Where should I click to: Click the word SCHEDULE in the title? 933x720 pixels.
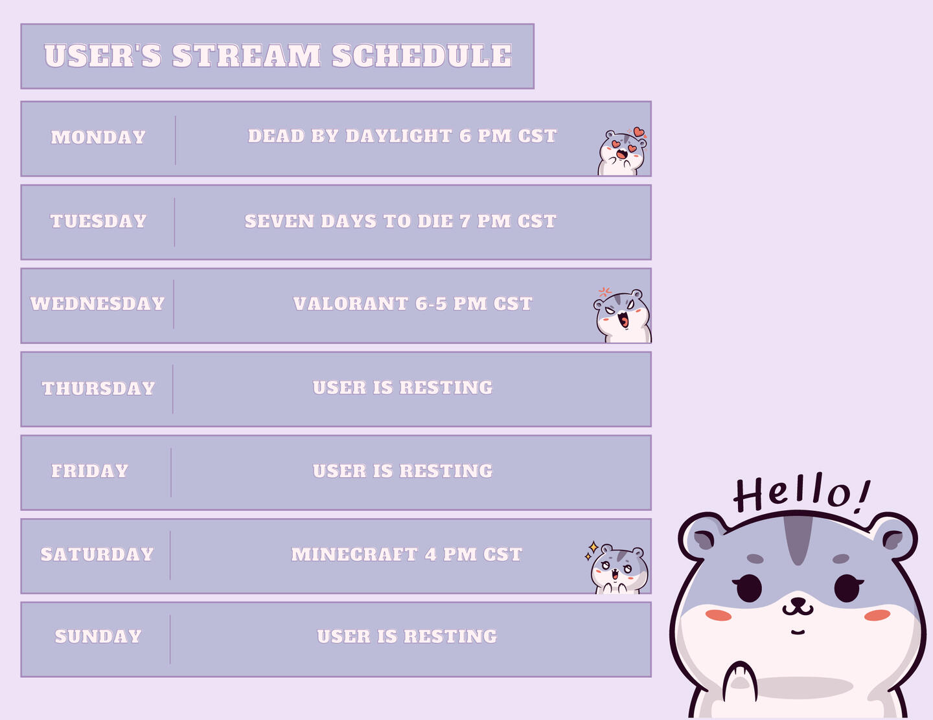click(422, 56)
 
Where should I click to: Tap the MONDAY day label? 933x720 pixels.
click(98, 137)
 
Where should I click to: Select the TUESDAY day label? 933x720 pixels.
click(98, 221)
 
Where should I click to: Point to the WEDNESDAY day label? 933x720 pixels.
click(97, 304)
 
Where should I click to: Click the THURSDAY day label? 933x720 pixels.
click(98, 388)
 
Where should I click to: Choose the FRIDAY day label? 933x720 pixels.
click(89, 471)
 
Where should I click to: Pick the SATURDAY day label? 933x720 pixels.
click(97, 554)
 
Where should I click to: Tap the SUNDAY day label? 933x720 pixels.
click(98, 636)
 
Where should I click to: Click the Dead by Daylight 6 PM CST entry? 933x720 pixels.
click(402, 136)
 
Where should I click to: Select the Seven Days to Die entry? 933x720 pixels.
click(400, 221)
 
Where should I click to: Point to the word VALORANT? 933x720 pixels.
click(351, 304)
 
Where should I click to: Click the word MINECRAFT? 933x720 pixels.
click(354, 554)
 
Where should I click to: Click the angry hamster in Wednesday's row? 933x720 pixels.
click(623, 315)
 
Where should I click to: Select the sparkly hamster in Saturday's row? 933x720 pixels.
click(619, 568)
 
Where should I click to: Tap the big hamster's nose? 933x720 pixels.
click(798, 601)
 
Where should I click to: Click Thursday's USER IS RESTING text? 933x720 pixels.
click(403, 388)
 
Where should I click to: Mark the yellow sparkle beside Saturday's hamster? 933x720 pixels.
click(593, 547)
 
